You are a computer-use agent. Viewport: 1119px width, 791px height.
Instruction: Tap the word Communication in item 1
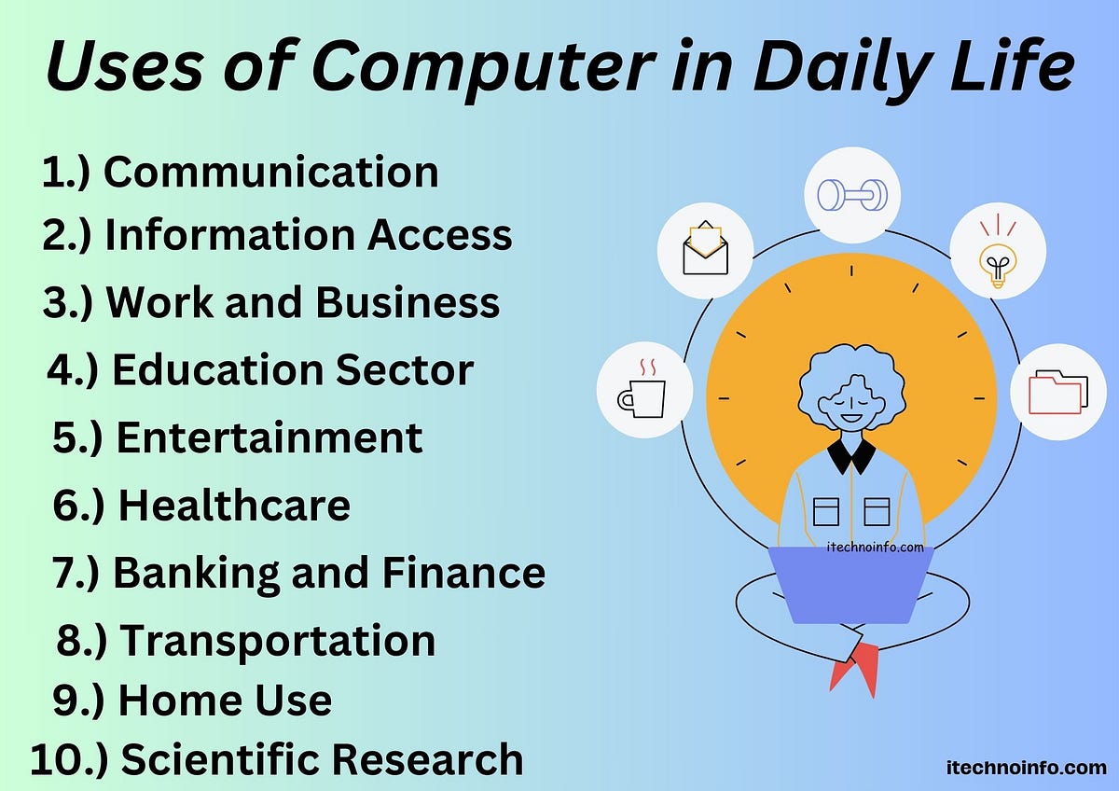tap(270, 173)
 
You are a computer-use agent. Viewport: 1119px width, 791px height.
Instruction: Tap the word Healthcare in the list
tap(234, 505)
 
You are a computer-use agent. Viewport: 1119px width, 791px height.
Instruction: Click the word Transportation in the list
tap(278, 640)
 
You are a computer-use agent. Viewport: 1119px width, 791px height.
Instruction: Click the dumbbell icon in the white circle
tap(852, 195)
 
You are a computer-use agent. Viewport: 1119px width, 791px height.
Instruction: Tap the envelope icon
tap(705, 249)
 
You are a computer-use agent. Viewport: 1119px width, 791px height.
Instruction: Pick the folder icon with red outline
tap(1057, 392)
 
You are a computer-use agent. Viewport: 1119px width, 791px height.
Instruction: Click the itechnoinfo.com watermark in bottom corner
tap(1023, 768)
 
